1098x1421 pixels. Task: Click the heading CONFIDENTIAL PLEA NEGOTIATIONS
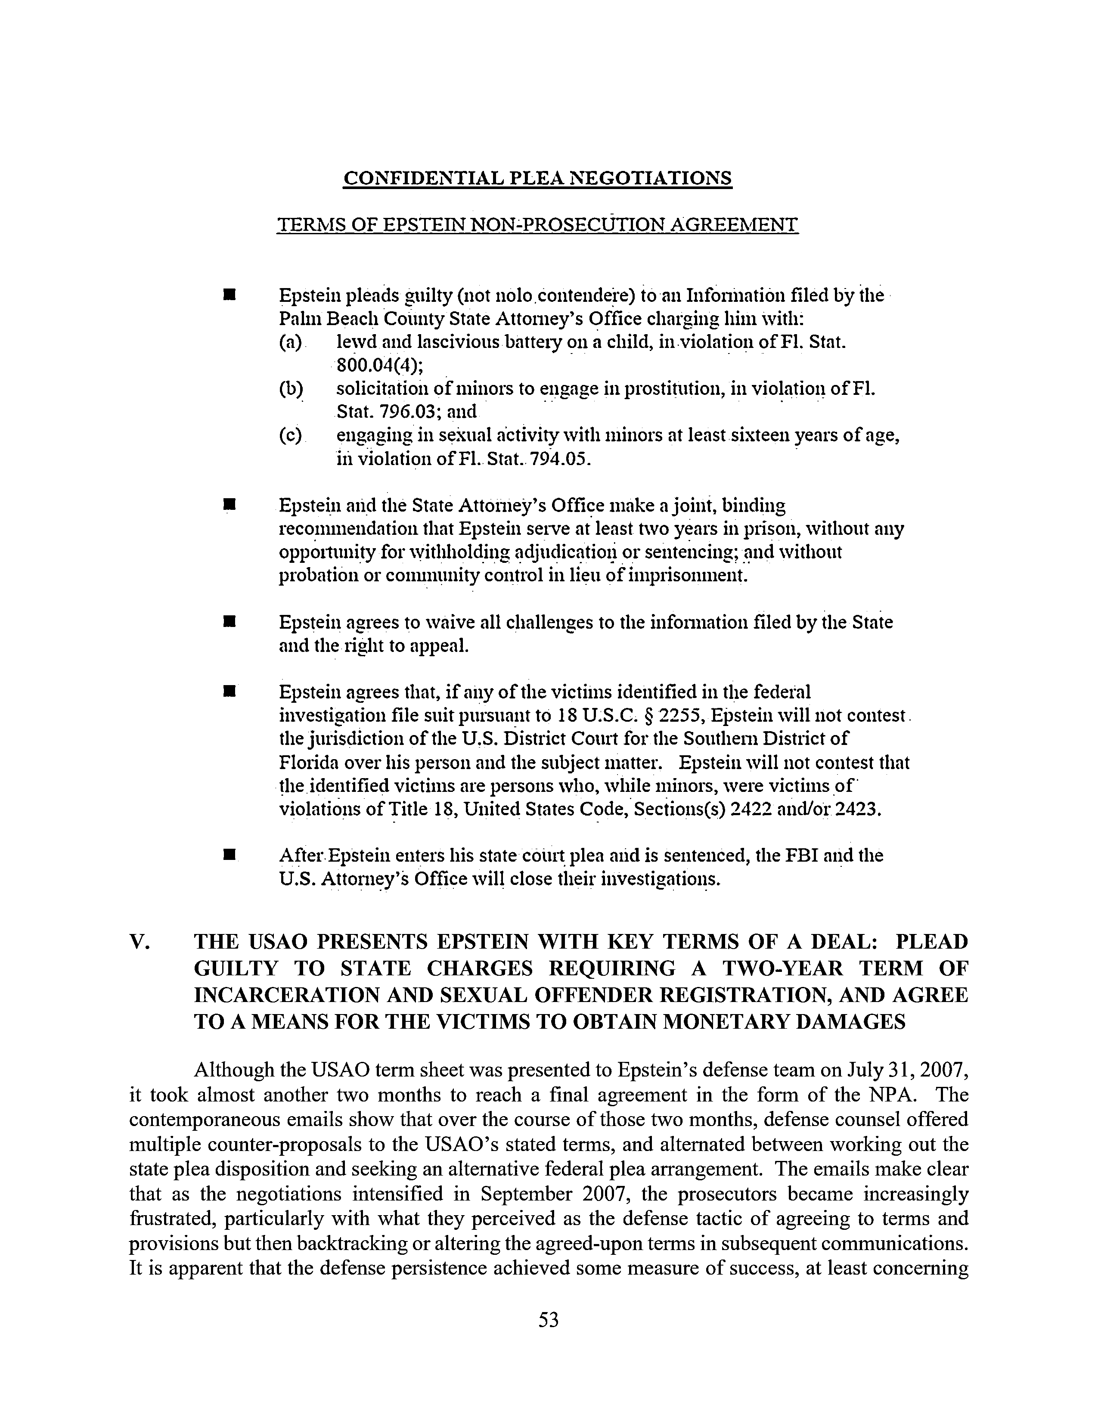(x=537, y=177)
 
